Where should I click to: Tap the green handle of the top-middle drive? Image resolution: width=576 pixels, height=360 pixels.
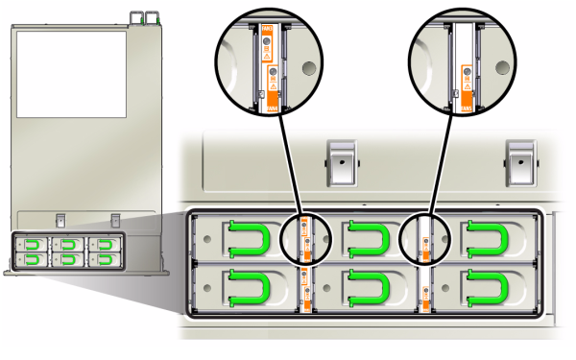point(366,239)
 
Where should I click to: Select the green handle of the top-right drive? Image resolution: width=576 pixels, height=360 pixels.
point(486,239)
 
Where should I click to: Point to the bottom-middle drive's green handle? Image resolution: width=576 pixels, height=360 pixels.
point(366,288)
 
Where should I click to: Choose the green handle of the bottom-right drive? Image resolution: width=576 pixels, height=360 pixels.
point(486,288)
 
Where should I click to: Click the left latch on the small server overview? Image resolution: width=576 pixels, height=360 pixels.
point(59,219)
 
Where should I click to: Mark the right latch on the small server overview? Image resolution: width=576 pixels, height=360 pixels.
point(115,219)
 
